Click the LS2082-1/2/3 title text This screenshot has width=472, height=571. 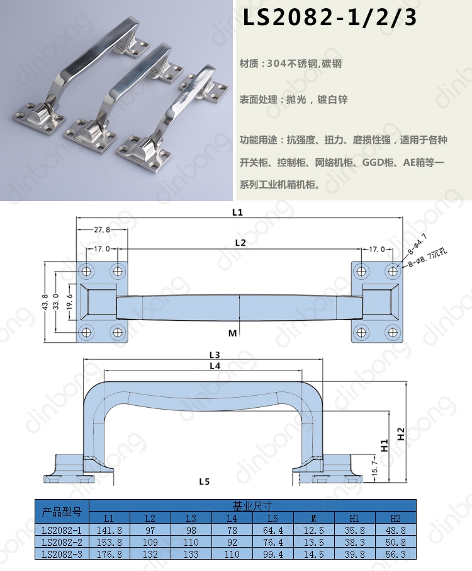(x=329, y=18)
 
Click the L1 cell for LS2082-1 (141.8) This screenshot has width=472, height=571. (x=109, y=531)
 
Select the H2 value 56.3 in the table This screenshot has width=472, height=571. (x=396, y=554)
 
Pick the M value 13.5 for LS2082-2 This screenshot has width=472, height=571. (x=313, y=542)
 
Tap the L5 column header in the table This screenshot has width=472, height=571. (x=273, y=518)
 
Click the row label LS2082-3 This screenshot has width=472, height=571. (x=62, y=554)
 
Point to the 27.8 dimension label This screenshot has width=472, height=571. (x=102, y=229)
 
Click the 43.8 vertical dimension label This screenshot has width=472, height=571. (x=45, y=302)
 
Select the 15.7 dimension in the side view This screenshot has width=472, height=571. (x=375, y=467)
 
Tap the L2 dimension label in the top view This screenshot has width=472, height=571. (x=240, y=243)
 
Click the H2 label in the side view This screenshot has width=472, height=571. (x=401, y=434)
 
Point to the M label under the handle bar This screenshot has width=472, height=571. (x=232, y=333)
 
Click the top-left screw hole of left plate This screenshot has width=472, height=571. (x=87, y=271)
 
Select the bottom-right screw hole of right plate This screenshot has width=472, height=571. (x=392, y=332)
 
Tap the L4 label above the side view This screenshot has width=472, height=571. (x=215, y=366)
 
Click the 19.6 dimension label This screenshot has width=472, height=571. (x=70, y=302)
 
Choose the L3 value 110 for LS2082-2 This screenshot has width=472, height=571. (x=191, y=542)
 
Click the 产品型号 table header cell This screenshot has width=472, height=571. (x=62, y=512)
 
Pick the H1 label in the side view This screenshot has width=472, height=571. (x=385, y=446)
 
